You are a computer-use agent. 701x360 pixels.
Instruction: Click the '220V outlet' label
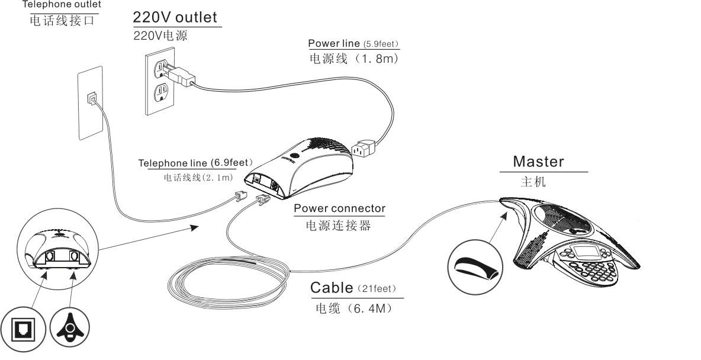pyautogui.click(x=175, y=17)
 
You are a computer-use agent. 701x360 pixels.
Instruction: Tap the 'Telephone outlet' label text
pyautogui.click(x=62, y=5)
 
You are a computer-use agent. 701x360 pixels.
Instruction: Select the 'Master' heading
pyautogui.click(x=538, y=161)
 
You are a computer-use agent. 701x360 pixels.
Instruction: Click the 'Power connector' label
pyautogui.click(x=339, y=208)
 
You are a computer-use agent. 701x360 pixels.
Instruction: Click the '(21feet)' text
pyautogui.click(x=377, y=289)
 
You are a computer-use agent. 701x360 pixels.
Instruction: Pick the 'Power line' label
pyautogui.click(x=332, y=44)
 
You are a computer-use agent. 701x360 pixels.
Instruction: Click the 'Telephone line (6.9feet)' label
pyautogui.click(x=195, y=163)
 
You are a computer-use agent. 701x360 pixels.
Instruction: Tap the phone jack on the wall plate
pyautogui.click(x=91, y=98)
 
